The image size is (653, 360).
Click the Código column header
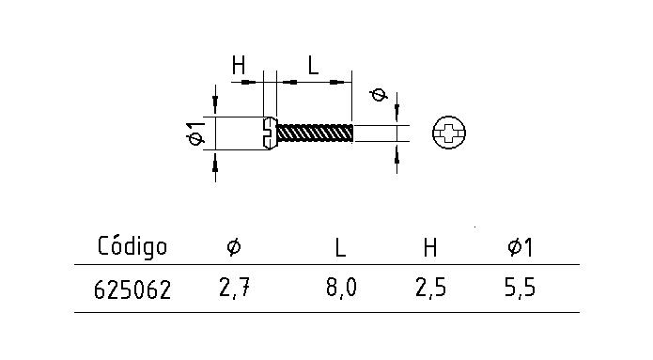(x=132, y=246)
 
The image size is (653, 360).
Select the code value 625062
(x=132, y=290)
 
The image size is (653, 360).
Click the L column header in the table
(x=340, y=247)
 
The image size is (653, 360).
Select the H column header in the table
(x=430, y=247)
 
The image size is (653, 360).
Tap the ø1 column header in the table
(x=520, y=247)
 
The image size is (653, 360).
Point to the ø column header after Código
(x=234, y=247)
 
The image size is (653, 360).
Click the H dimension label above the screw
(x=239, y=66)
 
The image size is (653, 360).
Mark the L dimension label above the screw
(x=313, y=66)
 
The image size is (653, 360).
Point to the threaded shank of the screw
(x=316, y=133)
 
